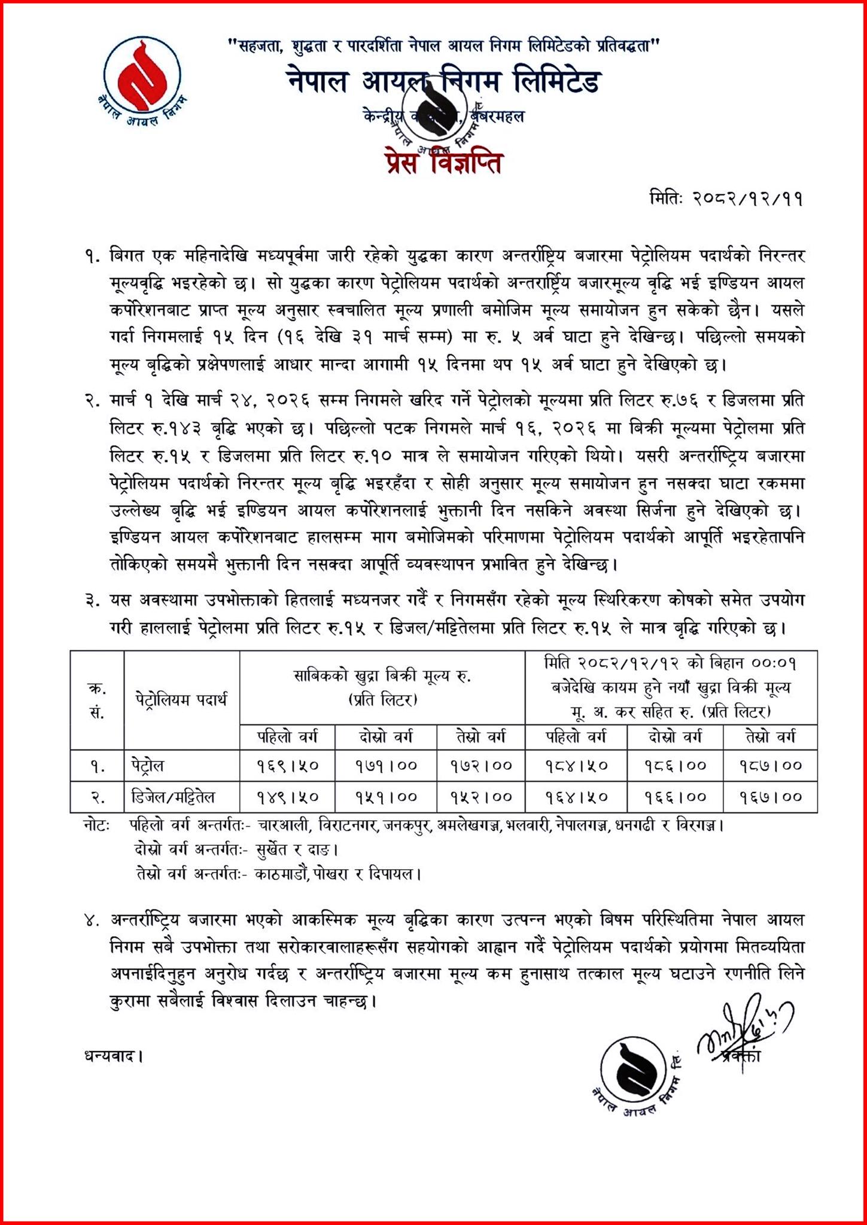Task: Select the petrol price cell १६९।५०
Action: [x=287, y=766]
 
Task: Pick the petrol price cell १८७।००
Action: [x=770, y=766]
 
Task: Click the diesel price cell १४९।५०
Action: [x=287, y=797]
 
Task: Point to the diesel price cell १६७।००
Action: [x=770, y=797]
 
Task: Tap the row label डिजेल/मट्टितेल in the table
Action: [x=173, y=797]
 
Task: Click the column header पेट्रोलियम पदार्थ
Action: [x=181, y=699]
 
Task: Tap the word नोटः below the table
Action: [x=96, y=826]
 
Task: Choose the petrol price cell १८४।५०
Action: [x=576, y=766]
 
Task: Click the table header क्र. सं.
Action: [x=97, y=699]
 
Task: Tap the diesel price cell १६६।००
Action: [x=675, y=797]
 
